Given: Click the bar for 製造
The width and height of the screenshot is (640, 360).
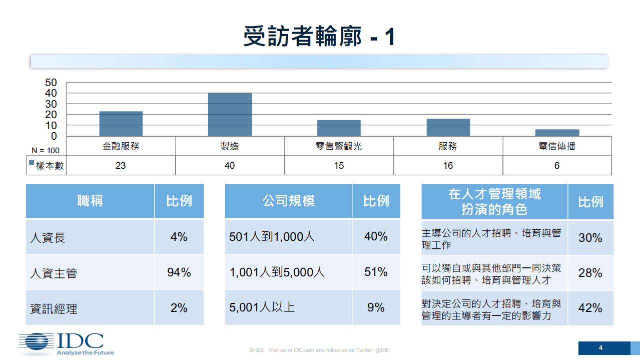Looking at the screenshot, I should (230, 114).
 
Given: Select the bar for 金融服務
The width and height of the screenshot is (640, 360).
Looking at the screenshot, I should (121, 124).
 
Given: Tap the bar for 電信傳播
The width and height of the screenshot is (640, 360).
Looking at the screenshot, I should (557, 133).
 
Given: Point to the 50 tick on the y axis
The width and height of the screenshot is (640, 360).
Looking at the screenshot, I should (52, 83).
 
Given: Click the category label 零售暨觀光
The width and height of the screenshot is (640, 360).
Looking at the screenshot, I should (339, 147).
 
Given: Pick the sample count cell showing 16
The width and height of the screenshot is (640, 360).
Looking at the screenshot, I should (448, 166).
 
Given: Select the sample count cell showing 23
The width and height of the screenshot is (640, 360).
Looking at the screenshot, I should (121, 166).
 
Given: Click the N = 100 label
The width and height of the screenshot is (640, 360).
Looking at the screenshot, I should (46, 150).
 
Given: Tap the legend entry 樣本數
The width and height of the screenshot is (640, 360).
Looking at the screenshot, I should (47, 166).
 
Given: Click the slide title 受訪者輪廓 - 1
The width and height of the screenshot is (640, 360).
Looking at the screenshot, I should (319, 37).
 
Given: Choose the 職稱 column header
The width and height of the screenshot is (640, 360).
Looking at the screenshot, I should (90, 201).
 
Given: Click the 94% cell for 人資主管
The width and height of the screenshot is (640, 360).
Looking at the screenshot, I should (179, 272).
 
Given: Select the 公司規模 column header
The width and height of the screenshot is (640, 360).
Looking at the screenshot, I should (288, 201).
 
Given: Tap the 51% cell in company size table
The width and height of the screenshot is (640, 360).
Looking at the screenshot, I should (376, 272).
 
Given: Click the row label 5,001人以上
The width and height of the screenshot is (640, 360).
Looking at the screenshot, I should (262, 307).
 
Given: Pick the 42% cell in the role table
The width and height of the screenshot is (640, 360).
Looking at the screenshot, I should (590, 308).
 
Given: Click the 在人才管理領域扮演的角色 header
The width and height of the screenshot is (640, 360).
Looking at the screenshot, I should (494, 201).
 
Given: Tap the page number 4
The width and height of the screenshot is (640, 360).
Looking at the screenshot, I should (600, 348).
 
